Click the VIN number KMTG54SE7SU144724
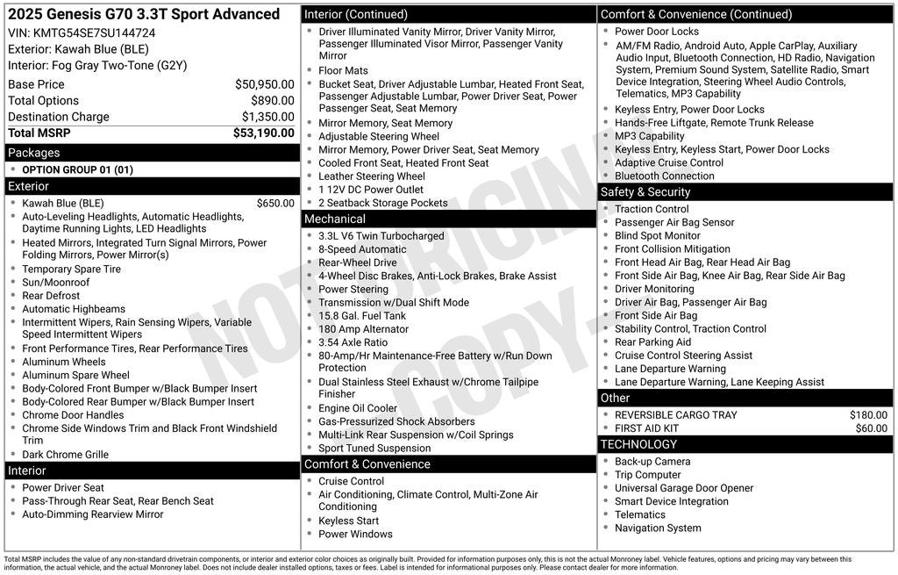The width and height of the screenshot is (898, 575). (94, 32)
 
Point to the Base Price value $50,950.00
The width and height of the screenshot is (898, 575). (264, 84)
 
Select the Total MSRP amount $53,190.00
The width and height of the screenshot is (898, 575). (263, 133)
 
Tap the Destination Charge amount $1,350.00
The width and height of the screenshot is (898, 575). (267, 117)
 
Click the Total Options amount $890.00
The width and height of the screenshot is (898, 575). (272, 101)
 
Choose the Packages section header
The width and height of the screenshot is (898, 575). (34, 153)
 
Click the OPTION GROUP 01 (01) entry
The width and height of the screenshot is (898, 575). (77, 170)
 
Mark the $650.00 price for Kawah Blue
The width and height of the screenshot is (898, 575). (275, 204)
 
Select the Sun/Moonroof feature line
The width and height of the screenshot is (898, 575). (56, 283)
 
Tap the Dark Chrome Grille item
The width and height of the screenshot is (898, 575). (66, 455)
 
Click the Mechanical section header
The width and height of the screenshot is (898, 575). (334, 219)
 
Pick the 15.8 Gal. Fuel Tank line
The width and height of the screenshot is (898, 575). (362, 316)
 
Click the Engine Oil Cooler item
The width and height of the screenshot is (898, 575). (358, 408)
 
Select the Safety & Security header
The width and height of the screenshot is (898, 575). (645, 192)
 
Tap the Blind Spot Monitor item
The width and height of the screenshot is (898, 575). (658, 236)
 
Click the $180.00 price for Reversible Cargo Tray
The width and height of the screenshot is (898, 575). (868, 415)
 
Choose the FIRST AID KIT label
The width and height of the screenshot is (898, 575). (646, 428)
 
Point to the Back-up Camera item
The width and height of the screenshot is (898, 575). (652, 462)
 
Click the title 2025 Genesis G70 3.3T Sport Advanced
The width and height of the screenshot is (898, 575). (144, 14)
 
